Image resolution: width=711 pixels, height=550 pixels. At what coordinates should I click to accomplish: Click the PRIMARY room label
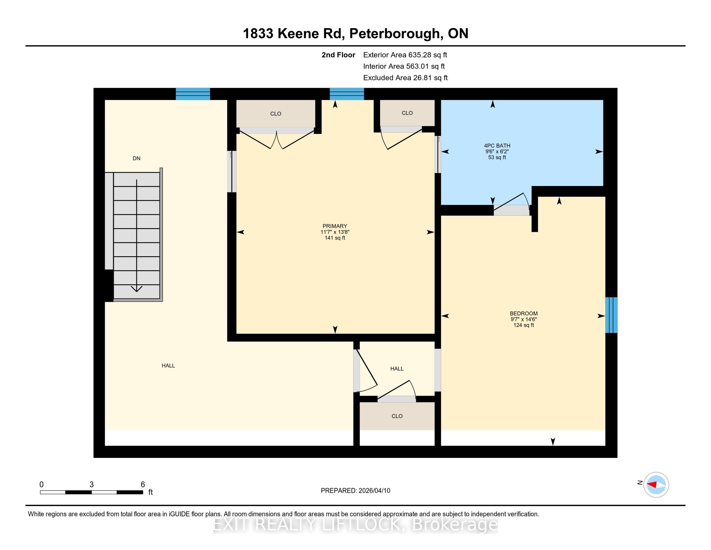pos(335,226)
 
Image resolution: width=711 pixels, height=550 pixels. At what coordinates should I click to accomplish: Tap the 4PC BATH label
pos(497,146)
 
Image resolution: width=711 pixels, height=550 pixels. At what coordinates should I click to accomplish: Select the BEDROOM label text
pos(524,313)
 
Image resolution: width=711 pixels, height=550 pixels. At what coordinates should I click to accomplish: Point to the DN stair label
pos(136,158)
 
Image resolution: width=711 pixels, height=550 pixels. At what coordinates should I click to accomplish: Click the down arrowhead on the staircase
pos(136,288)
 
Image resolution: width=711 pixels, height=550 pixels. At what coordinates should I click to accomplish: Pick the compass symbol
pos(656,485)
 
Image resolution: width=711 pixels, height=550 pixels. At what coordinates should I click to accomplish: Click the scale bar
pos(91,492)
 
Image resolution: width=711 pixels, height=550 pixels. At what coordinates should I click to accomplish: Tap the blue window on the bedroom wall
pos(611,315)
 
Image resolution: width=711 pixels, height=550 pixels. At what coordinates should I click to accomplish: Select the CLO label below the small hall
pos(397,416)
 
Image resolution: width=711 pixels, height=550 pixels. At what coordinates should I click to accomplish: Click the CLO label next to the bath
pos(407,113)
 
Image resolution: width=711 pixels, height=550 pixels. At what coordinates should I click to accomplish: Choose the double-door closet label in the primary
pos(275,114)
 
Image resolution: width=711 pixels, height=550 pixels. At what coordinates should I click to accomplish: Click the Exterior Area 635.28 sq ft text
pos(405,55)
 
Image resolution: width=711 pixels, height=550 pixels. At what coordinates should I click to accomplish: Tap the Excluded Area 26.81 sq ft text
pos(405,78)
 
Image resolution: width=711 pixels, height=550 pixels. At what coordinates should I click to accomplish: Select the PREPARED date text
pos(355,490)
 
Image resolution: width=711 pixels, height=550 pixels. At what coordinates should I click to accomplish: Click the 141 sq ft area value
pos(335,238)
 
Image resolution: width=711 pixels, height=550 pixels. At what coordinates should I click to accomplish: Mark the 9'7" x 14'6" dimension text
pos(524,319)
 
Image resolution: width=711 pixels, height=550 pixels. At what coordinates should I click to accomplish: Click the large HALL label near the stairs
pos(168,366)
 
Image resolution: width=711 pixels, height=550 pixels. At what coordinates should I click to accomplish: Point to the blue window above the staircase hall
pos(193,94)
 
